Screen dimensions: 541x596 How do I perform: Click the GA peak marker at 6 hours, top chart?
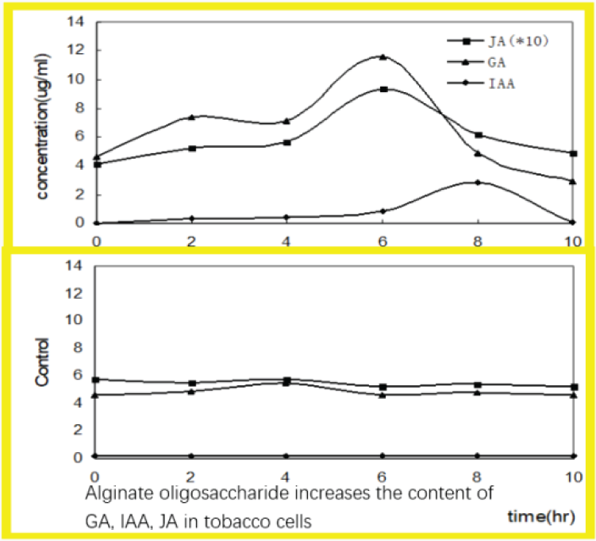(383, 57)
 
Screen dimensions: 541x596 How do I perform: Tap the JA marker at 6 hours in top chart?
(384, 89)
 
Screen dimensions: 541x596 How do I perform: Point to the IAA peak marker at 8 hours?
(478, 182)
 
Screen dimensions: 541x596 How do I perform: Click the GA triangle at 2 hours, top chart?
(191, 117)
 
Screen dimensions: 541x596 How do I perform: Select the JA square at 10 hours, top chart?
(573, 153)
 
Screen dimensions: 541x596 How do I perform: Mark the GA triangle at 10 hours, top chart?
(573, 181)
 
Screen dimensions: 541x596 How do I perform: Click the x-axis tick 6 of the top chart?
(383, 239)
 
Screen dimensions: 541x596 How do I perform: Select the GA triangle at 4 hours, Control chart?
(287, 383)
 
